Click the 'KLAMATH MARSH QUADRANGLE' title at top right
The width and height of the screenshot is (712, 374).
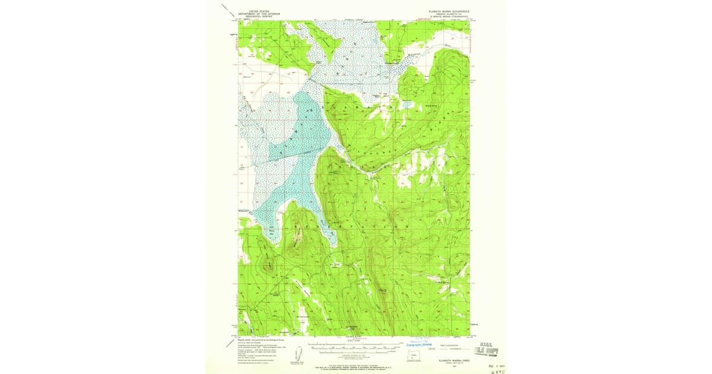(449, 11)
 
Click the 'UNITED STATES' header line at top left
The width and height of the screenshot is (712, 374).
(259, 11)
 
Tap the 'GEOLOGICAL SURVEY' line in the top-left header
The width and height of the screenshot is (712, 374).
(259, 16)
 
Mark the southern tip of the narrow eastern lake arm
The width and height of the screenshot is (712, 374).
(334, 244)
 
